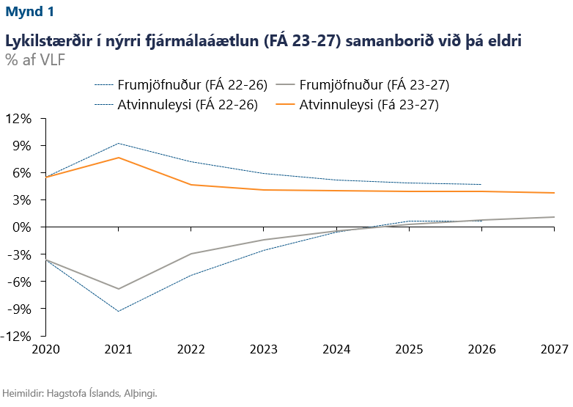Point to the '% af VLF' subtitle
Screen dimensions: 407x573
(35, 59)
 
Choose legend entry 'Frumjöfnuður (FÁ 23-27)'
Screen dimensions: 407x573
(374, 84)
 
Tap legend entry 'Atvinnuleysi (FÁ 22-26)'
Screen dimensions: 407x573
(188, 105)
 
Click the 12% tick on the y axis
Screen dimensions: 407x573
(20, 119)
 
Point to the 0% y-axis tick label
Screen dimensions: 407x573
(23, 227)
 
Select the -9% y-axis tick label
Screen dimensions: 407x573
(21, 309)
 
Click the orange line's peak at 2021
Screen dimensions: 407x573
(118, 158)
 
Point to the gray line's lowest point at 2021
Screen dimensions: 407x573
(118, 289)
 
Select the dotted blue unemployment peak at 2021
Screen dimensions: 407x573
(118, 143)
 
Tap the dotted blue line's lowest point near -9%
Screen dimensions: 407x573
(118, 312)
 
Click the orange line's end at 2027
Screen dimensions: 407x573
(553, 193)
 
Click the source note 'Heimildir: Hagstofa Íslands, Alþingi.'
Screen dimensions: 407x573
(81, 393)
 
